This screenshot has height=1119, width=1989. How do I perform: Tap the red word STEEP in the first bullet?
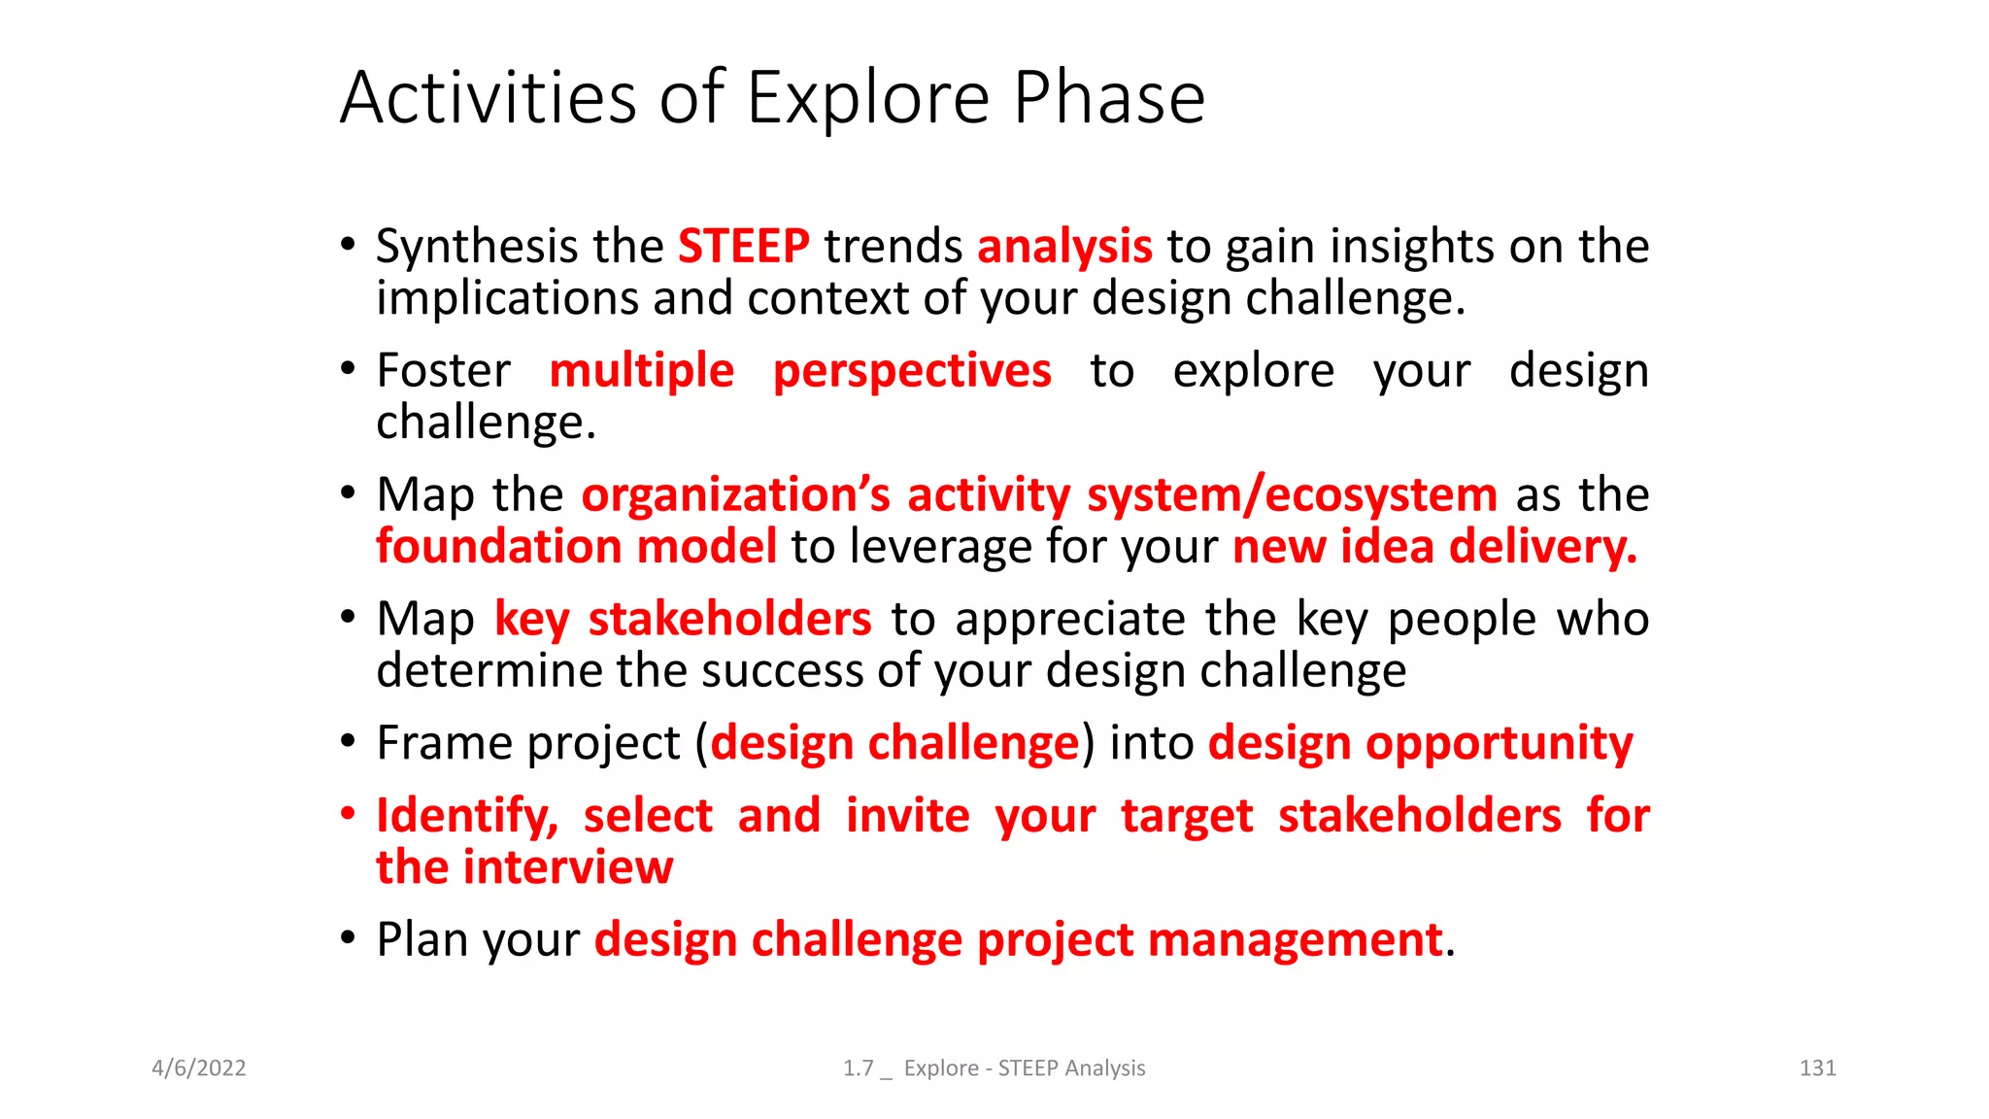coord(743,246)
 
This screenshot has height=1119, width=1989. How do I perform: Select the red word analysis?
coord(1064,247)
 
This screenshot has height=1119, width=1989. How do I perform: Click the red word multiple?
coord(641,371)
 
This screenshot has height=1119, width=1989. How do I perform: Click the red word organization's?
coord(735,495)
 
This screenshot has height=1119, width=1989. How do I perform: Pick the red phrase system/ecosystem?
coord(1292,495)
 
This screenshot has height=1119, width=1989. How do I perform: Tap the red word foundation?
coord(498,546)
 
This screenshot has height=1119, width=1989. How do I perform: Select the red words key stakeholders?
coord(683,620)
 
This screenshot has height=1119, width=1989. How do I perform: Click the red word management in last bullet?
coord(1294,940)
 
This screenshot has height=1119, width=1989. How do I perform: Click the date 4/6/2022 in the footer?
coord(199,1068)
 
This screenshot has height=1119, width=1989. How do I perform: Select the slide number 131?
coord(1817,1068)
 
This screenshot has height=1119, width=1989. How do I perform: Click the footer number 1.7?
coord(858,1068)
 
